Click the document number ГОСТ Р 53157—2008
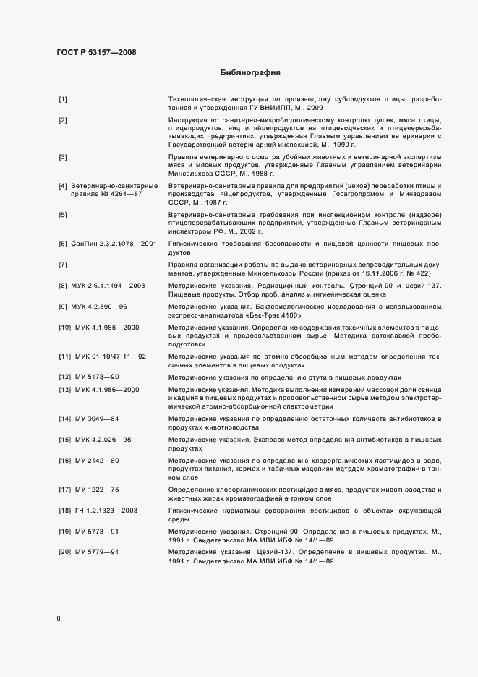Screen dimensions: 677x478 point(96,52)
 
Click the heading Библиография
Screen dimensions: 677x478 point(250,73)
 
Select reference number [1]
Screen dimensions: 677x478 point(63,98)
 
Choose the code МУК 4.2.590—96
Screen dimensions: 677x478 point(103,307)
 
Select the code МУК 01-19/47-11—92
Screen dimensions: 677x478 point(111,357)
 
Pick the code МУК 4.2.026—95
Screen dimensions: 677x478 point(103,440)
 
